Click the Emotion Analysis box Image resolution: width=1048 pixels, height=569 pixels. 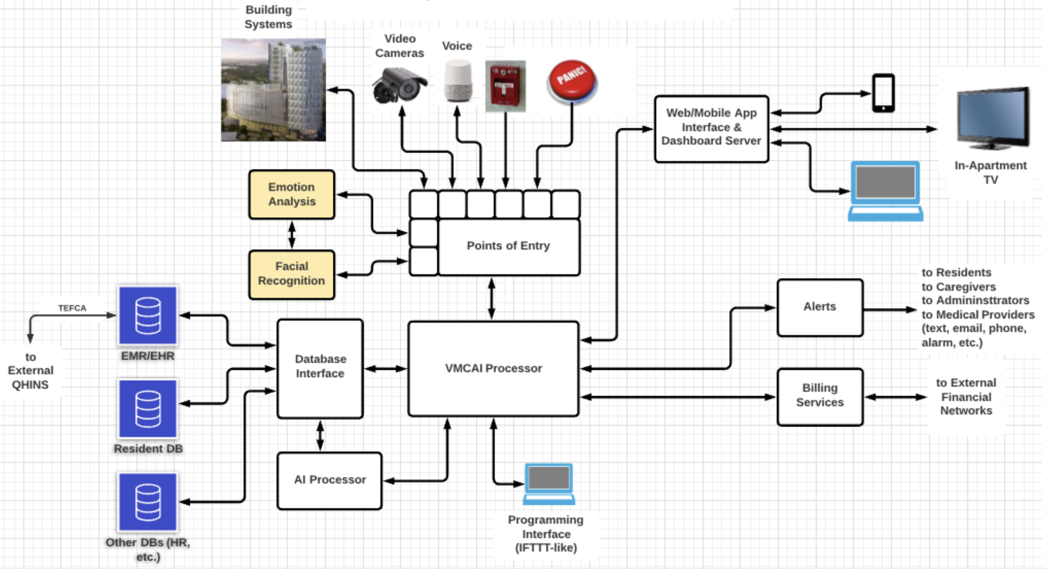point(292,195)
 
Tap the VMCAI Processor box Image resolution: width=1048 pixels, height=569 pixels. point(493,369)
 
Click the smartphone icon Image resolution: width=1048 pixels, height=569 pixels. point(883,93)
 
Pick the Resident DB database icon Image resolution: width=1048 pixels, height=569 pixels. point(148,409)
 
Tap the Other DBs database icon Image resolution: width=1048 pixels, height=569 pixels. point(148,502)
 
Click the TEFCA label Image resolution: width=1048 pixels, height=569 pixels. point(72,308)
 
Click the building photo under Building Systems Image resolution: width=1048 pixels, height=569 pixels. point(273,90)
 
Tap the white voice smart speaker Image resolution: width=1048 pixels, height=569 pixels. point(458,81)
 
